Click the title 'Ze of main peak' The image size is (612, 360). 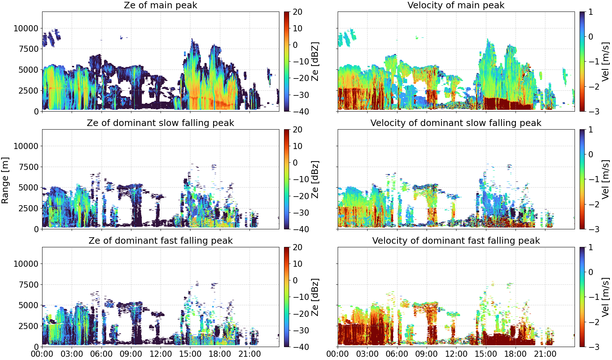[x=160, y=5]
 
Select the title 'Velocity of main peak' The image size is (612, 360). [x=456, y=5]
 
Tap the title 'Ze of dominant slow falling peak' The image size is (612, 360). [x=160, y=123]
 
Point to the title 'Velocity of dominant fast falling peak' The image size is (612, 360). [x=456, y=240]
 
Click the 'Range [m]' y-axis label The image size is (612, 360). [x=5, y=180]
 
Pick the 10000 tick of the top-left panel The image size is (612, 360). [x=26, y=28]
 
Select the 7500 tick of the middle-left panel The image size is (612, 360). [x=28, y=167]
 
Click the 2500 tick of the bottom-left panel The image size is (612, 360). [x=28, y=326]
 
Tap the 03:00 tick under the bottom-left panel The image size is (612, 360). [x=72, y=354]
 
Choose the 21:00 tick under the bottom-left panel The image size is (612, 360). [x=250, y=354]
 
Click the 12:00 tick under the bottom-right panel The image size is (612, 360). [x=456, y=354]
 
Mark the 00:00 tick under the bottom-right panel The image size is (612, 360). [x=338, y=354]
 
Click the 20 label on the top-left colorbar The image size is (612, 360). [x=297, y=12]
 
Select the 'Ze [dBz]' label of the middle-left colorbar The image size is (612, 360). [x=315, y=179]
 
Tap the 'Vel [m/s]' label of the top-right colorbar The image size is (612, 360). [x=606, y=62]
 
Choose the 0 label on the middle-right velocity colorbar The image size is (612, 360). [x=591, y=154]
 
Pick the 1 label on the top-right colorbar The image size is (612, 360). [x=591, y=12]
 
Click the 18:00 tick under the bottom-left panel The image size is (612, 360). [x=220, y=354]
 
